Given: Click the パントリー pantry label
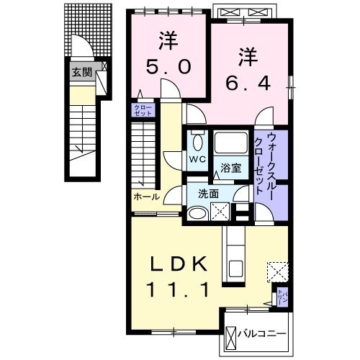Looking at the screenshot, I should point(283,295).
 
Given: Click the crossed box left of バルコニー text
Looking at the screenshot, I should point(230,336).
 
